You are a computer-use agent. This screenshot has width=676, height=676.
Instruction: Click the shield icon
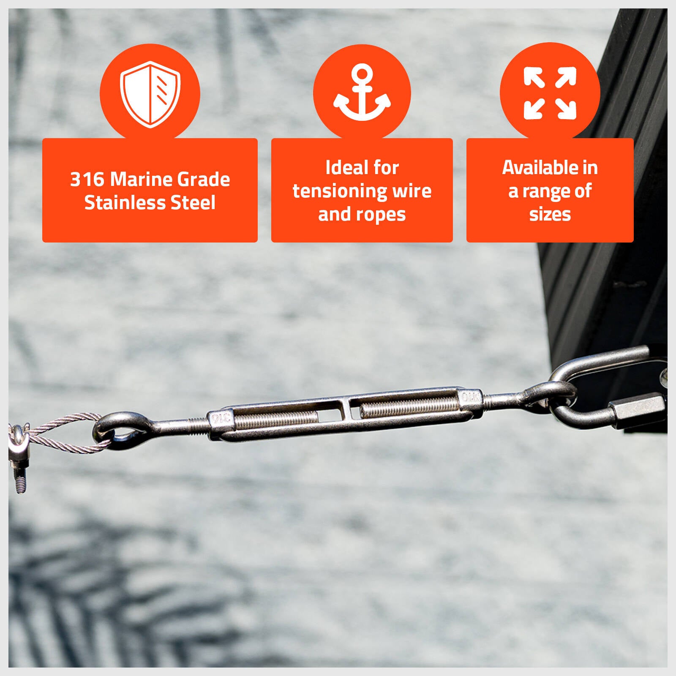[x=150, y=94]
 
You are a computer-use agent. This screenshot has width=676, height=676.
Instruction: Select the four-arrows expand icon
[x=550, y=93]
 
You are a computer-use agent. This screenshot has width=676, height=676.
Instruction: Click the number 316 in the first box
[x=87, y=179]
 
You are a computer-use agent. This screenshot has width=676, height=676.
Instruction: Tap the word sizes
[x=550, y=215]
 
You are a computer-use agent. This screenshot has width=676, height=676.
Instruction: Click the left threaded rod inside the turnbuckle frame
[x=276, y=419]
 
